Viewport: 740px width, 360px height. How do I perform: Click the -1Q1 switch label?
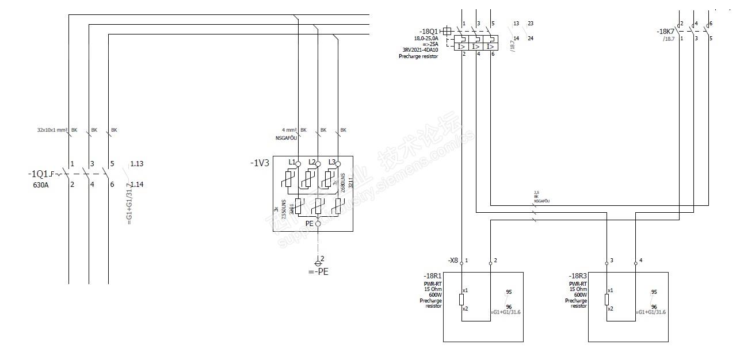click(38, 174)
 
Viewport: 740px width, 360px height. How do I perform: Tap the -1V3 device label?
click(260, 163)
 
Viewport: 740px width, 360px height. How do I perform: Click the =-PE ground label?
click(318, 271)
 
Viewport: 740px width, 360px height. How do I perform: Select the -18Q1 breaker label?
click(429, 32)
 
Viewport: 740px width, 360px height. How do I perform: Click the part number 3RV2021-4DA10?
click(419, 50)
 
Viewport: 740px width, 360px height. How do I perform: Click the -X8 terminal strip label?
click(453, 261)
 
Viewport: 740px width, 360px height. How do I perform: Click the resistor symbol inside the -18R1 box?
click(461, 300)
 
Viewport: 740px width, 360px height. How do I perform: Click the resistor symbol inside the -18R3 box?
click(607, 300)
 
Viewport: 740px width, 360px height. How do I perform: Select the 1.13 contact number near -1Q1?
click(136, 164)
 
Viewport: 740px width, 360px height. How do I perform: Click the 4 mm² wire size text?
click(289, 130)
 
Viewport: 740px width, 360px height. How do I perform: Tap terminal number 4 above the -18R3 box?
click(641, 261)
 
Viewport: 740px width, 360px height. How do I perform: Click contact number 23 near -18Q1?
click(530, 24)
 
